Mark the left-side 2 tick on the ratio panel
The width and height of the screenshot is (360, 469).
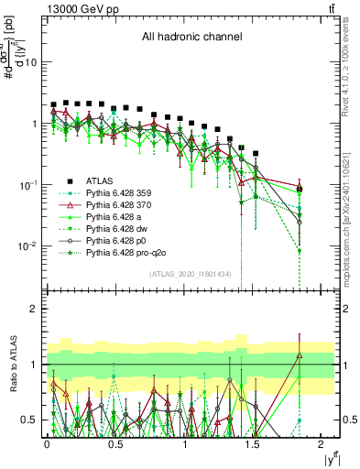click(x=35, y=309)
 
